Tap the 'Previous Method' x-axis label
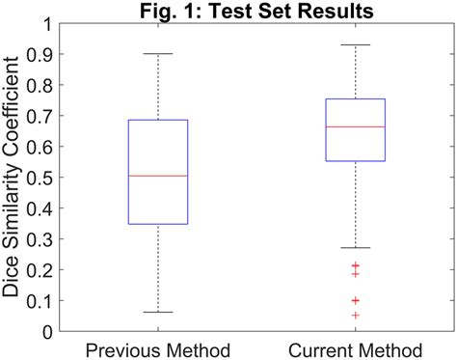(157, 348)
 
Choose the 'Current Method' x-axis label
(356, 348)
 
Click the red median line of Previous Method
(158, 176)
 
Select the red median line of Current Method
(356, 126)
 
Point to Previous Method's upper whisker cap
(158, 54)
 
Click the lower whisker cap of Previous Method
(158, 313)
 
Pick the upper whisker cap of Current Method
(356, 44)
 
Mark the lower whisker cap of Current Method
(356, 248)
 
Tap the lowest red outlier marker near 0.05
(356, 316)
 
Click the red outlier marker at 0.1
(356, 300)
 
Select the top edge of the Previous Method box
(158, 120)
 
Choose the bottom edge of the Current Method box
(356, 161)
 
